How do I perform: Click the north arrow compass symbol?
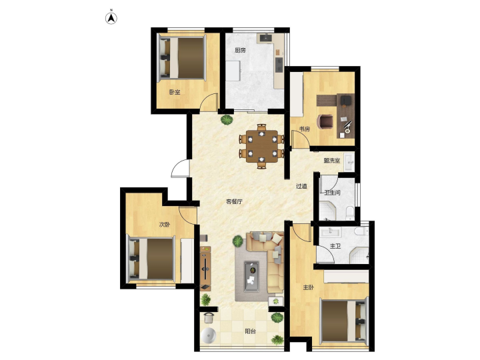click(111, 19)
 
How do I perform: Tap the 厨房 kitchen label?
click(240, 50)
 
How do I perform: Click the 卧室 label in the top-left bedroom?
click(175, 92)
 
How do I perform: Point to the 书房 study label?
click(304, 129)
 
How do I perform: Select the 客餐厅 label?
click(234, 202)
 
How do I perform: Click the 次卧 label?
click(165, 225)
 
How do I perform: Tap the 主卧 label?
click(308, 287)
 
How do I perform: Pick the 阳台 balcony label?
click(251, 331)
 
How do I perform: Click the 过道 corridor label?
click(301, 186)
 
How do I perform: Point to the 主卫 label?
click(335, 246)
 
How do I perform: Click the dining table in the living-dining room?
click(262, 146)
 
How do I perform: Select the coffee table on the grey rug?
click(251, 276)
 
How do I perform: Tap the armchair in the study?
click(325, 121)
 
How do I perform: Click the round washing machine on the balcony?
click(209, 336)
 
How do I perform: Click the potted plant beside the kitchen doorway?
click(226, 119)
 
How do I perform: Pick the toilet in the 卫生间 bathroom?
click(350, 212)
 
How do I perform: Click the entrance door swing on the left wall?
click(181, 168)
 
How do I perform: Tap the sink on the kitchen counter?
click(266, 37)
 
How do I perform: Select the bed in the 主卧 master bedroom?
click(343, 321)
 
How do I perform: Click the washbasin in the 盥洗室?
click(349, 162)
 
